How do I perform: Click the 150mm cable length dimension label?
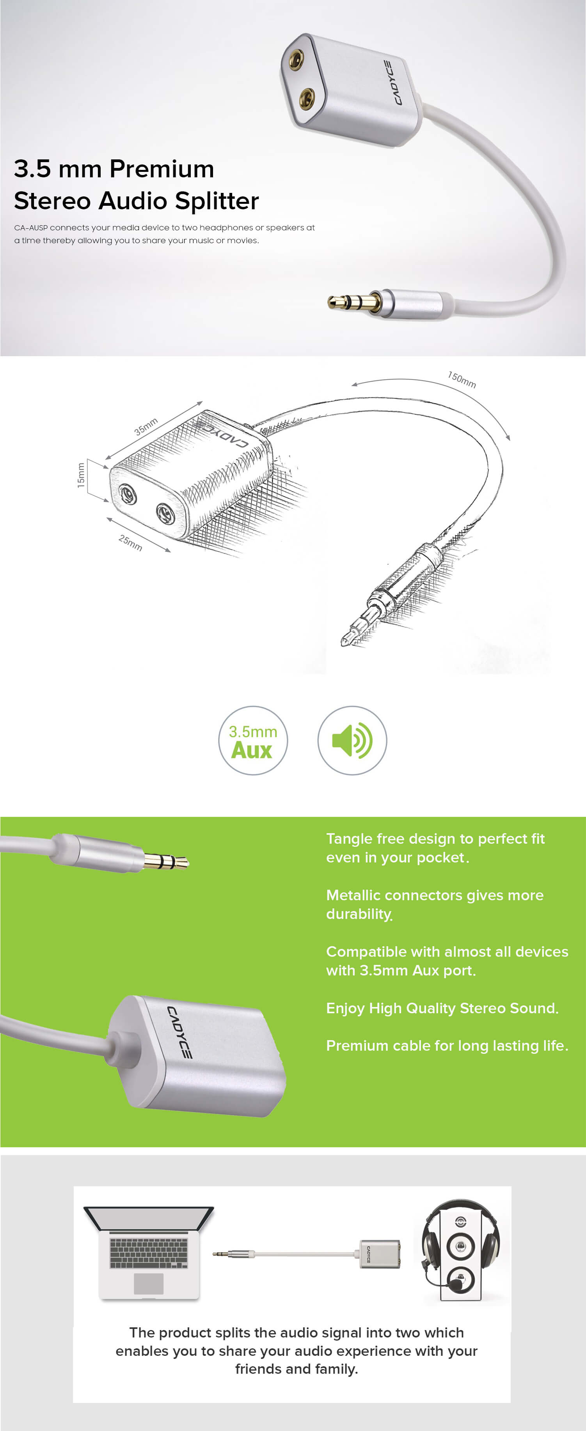[462, 380]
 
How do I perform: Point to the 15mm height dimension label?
[81, 475]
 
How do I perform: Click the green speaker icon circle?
[352, 740]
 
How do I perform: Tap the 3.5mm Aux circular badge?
[253, 740]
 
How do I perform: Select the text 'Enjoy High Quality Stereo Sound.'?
[442, 1008]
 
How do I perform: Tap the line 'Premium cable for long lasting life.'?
[447, 1046]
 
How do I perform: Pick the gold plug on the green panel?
[166, 861]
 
